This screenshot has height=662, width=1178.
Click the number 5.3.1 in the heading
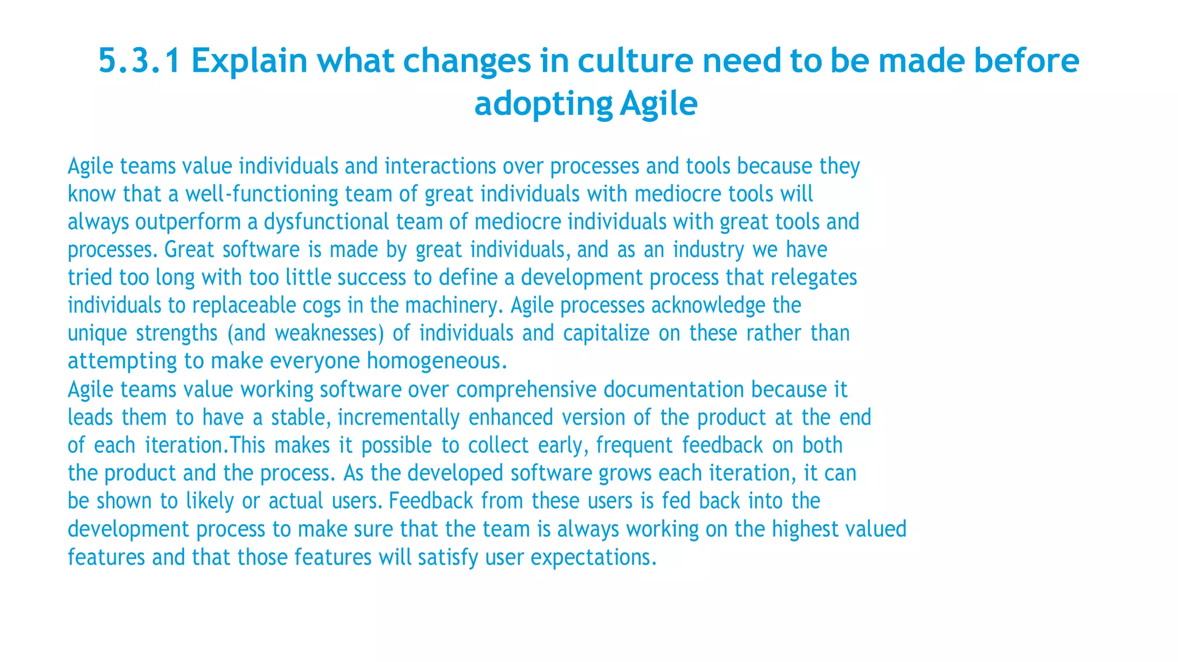pyautogui.click(x=139, y=61)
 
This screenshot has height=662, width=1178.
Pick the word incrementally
pyautogui.click(x=399, y=417)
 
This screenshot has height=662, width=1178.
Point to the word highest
pyautogui.click(x=805, y=529)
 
